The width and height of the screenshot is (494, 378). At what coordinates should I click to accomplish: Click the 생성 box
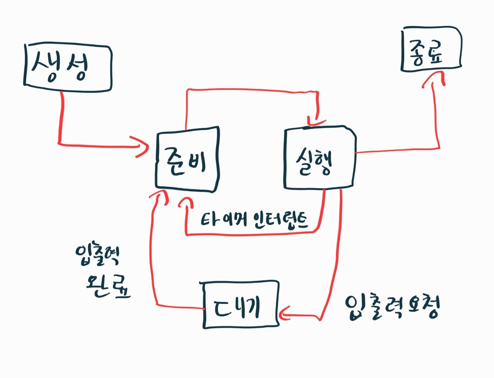[x=68, y=68]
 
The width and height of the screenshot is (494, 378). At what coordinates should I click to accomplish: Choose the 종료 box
[x=431, y=49]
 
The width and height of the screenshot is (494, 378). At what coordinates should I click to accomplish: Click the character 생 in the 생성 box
[x=46, y=67]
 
